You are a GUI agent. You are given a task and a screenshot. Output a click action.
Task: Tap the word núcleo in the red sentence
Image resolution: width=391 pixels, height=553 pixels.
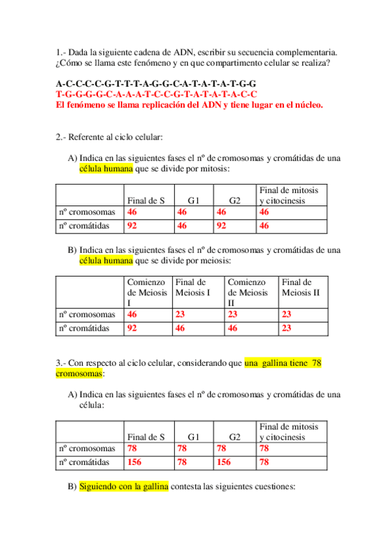[x=307, y=105]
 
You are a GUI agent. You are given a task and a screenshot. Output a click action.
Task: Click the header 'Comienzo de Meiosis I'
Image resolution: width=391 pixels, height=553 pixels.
[x=148, y=293]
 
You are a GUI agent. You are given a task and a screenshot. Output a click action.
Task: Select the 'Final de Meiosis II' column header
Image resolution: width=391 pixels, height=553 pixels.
[x=301, y=288]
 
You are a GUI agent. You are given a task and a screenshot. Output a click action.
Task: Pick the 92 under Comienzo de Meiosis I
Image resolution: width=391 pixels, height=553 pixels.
[x=133, y=329]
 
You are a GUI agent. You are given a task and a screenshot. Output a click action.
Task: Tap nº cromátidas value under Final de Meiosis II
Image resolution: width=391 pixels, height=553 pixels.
[x=287, y=329]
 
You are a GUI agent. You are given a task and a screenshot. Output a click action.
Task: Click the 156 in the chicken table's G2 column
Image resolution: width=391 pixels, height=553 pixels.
[x=225, y=462]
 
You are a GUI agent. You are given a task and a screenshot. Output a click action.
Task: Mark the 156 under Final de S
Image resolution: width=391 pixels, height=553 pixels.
[x=135, y=462]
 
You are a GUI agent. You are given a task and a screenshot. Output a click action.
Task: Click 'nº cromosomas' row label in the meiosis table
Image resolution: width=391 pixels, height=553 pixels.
[x=87, y=314]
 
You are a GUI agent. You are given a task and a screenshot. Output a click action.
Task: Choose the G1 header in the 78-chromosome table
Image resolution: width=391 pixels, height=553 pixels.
[x=194, y=437]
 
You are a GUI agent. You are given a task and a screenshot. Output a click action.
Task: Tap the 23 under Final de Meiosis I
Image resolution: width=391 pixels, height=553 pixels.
[x=181, y=314]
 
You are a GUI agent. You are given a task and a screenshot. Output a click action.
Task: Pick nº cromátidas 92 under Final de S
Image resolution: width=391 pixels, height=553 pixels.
[x=133, y=226]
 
